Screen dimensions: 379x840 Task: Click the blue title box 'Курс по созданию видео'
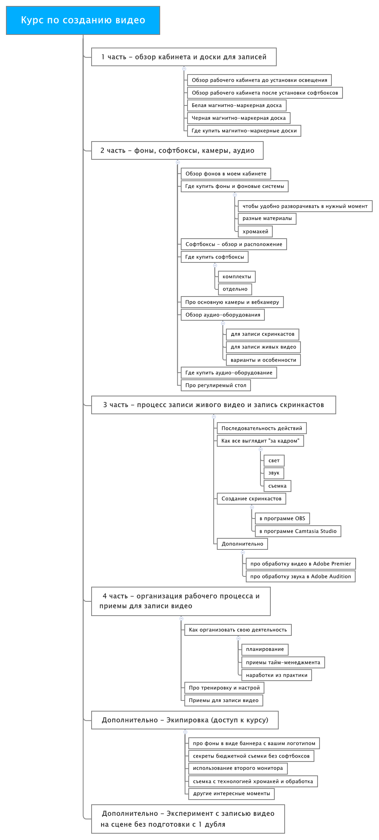coord(83,20)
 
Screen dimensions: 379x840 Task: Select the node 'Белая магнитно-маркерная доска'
coord(237,105)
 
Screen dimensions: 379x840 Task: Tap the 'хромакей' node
coord(255,232)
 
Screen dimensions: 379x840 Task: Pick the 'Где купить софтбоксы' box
coord(214,257)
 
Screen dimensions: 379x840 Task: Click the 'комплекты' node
coord(237,277)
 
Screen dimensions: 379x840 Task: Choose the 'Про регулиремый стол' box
coord(216,385)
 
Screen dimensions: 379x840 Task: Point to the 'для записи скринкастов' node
coord(262,334)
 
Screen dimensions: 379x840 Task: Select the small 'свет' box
coord(274,461)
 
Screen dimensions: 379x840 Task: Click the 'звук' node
coord(274,473)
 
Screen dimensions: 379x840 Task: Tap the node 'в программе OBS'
coord(282,519)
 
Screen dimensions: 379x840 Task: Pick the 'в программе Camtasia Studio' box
coord(298,531)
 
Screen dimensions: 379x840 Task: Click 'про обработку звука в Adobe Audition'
coord(301,576)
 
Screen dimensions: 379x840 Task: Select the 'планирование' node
coord(265,649)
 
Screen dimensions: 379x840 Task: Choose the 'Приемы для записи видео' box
coord(224,700)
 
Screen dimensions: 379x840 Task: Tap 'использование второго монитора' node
coord(238,768)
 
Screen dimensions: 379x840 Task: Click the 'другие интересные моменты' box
coord(232,794)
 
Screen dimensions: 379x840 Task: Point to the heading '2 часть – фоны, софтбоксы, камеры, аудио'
coord(177,151)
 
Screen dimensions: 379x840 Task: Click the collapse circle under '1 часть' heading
coord(184,69)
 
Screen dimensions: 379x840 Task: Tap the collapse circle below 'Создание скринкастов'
coord(252,507)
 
